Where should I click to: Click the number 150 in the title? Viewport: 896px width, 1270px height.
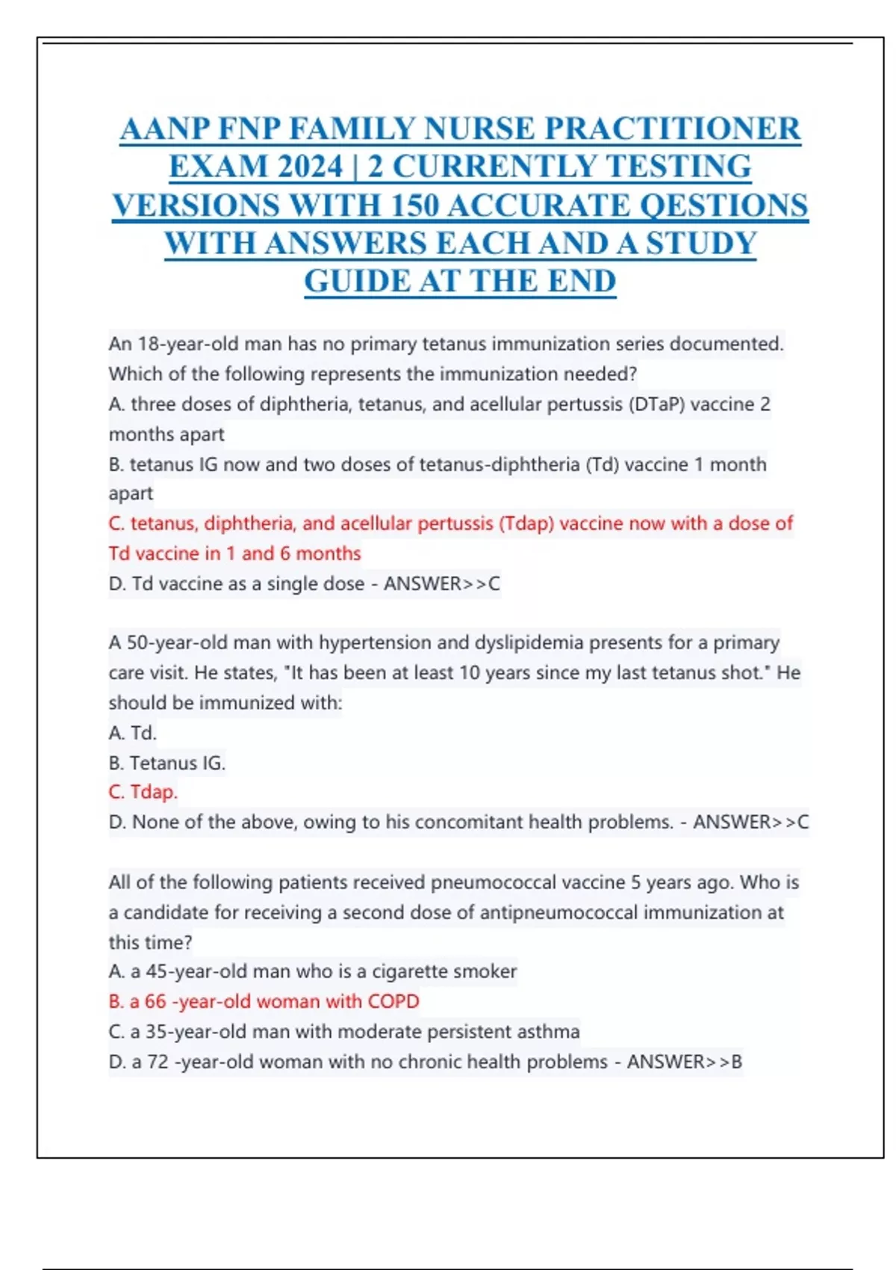[415, 205]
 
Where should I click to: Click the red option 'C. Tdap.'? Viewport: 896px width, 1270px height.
[143, 792]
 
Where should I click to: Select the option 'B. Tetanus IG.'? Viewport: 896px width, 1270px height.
[167, 763]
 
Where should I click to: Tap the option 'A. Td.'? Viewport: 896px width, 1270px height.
[132, 733]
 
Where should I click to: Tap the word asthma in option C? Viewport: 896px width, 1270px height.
[551, 1032]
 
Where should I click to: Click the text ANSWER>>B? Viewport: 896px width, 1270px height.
[684, 1062]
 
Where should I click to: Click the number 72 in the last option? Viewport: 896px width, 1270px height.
[158, 1062]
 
